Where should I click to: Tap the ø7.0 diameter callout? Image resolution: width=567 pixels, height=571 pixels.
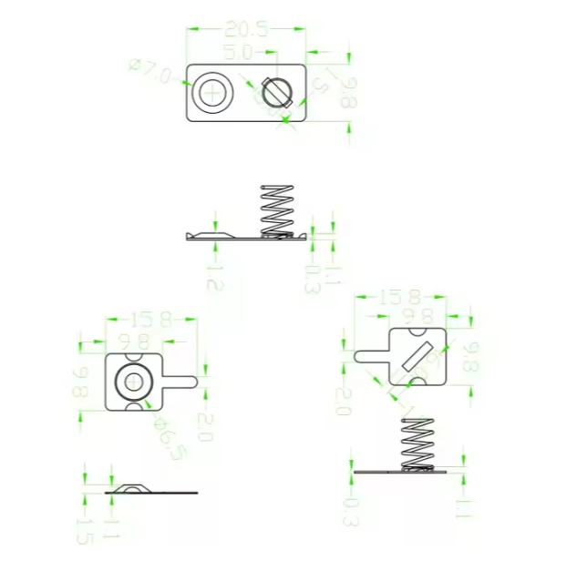point(150,71)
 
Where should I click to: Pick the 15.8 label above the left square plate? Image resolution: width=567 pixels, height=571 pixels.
point(151,320)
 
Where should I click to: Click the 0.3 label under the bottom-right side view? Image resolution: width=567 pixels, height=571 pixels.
point(349,511)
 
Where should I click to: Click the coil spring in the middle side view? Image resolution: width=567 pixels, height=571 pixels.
point(279,209)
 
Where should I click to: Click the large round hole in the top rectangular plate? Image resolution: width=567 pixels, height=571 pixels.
point(214,92)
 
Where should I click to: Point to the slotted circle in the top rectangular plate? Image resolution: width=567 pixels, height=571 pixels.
point(275,91)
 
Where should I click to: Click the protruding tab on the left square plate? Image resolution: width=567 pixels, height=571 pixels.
point(180,380)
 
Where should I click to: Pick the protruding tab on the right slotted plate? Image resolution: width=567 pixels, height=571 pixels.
point(370,355)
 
